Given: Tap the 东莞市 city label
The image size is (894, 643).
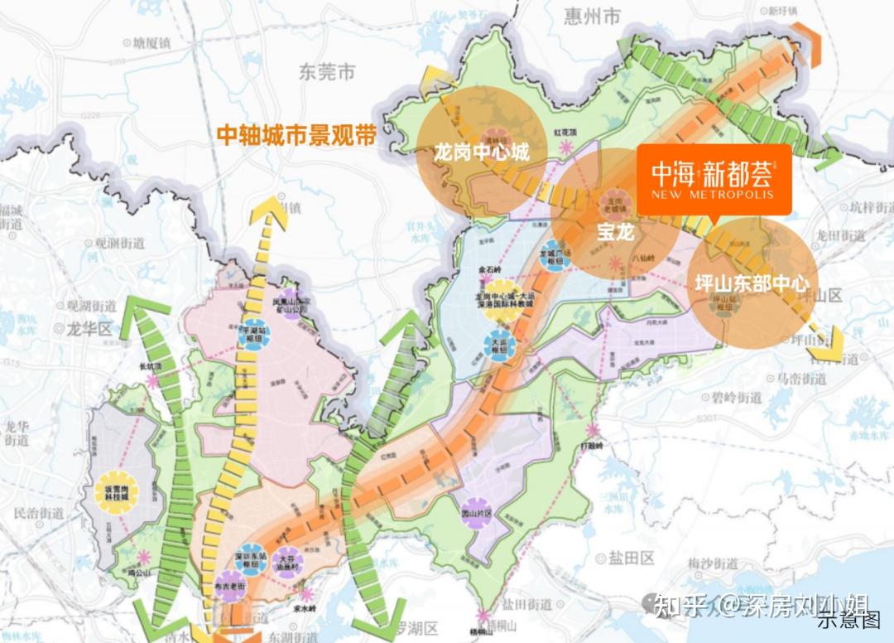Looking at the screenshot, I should pos(327,73).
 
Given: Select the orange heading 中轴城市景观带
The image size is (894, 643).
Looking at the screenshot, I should pos(296,135).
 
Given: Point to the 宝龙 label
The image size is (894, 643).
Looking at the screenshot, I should pos(615,233).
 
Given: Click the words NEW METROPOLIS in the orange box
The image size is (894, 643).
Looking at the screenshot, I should pos(713,195).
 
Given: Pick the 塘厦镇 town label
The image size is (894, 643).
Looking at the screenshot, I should pos(157,41).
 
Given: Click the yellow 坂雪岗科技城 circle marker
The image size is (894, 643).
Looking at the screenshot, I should pos(113,490).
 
